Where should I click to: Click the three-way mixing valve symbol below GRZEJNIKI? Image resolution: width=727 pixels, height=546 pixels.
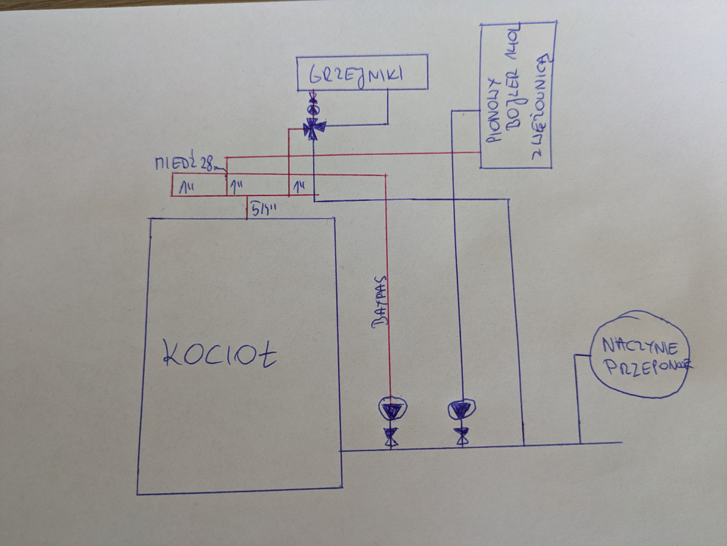314,127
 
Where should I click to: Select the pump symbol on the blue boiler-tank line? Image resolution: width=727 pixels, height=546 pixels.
461,410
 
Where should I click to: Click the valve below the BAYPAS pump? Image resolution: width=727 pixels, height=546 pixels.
390,436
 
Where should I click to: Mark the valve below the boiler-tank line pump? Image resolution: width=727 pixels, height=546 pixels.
462,436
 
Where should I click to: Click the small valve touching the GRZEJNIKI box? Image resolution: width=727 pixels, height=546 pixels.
313,96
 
